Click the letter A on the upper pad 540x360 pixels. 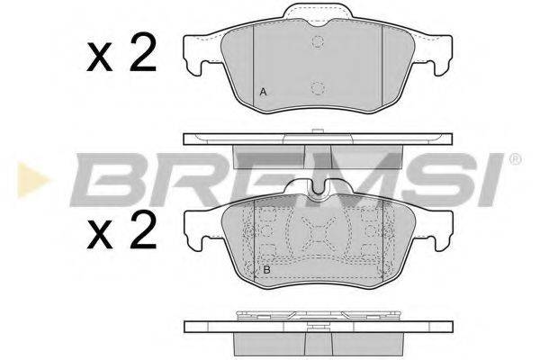click(x=263, y=92)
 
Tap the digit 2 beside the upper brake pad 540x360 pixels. click(x=140, y=55)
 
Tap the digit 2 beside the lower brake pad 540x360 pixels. click(x=140, y=236)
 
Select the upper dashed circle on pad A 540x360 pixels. click(x=317, y=42)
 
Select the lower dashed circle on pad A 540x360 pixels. click(x=317, y=87)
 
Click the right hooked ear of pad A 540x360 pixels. click(x=438, y=56)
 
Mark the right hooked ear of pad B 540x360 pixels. click(x=438, y=232)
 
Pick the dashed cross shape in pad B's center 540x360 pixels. click(x=317, y=236)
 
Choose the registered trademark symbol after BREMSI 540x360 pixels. click(x=515, y=160)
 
